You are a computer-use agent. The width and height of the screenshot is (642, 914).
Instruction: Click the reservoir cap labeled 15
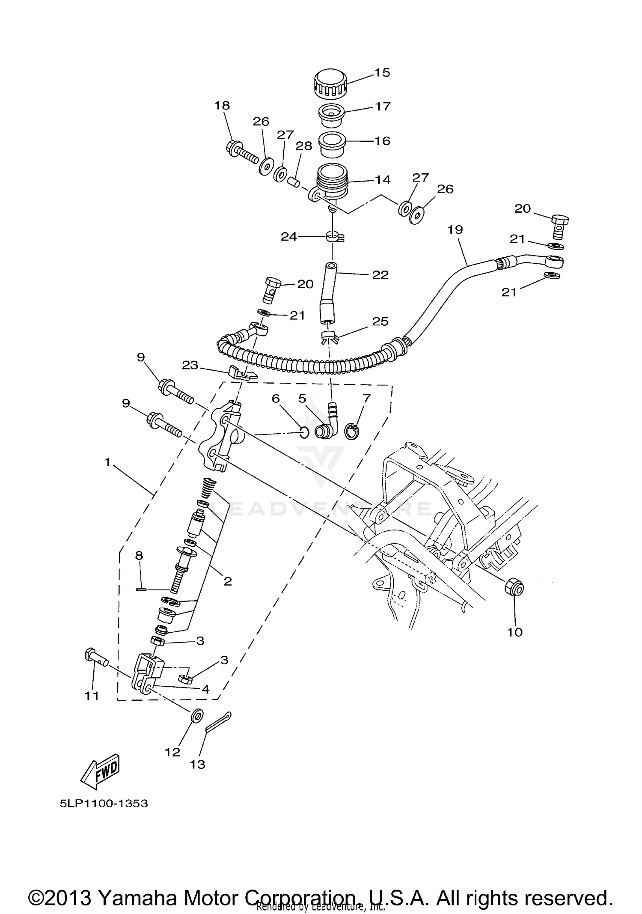pyautogui.click(x=330, y=83)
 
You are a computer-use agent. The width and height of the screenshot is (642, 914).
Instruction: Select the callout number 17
pyautogui.click(x=383, y=106)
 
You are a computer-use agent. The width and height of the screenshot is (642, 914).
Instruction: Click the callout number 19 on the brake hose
pyautogui.click(x=455, y=229)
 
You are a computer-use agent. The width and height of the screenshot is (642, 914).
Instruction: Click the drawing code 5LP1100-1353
pyautogui.click(x=104, y=803)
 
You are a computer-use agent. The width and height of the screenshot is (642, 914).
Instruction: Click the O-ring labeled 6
pyautogui.click(x=303, y=433)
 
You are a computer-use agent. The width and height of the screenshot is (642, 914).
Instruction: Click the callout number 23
pyautogui.click(x=190, y=365)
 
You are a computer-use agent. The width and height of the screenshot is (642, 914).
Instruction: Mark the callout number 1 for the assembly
pyautogui.click(x=107, y=462)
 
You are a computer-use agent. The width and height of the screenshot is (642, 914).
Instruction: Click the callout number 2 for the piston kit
pyautogui.click(x=228, y=581)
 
